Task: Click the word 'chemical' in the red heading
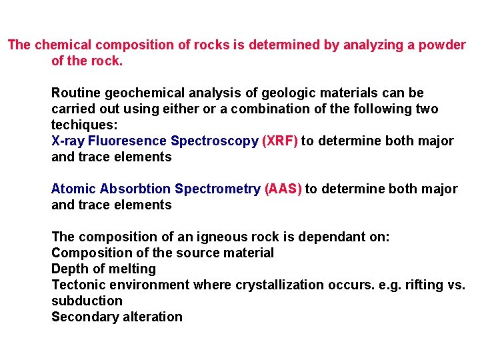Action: point(63,45)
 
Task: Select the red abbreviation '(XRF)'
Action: point(280,141)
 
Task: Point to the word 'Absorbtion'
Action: point(132,189)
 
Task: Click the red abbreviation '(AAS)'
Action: point(283,189)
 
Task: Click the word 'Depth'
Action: point(70,269)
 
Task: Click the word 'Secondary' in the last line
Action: point(83,317)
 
